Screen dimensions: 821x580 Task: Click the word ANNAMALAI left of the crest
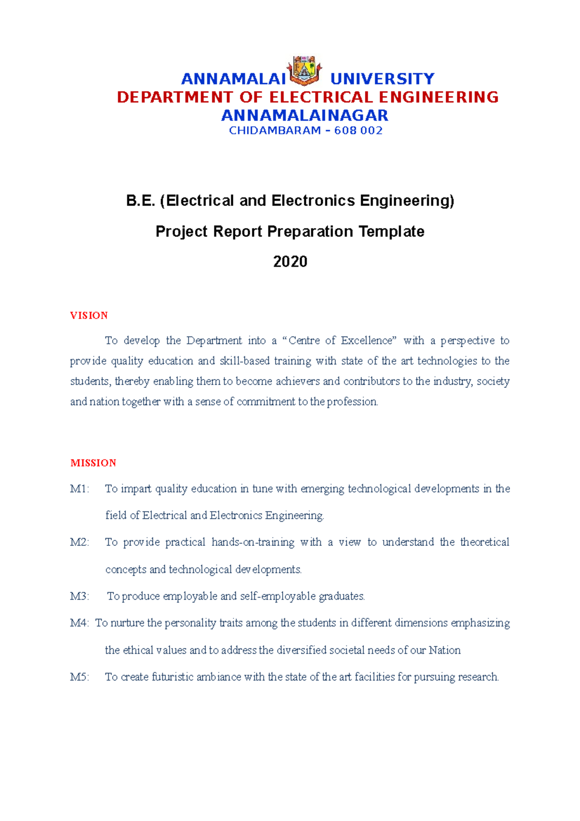click(x=233, y=79)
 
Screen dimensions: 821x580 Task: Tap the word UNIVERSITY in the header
click(x=382, y=79)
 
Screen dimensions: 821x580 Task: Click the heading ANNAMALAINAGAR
click(x=304, y=116)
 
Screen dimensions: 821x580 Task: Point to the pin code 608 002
click(x=358, y=131)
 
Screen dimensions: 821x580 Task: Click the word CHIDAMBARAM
click(x=275, y=131)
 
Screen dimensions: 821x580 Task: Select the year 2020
click(x=290, y=262)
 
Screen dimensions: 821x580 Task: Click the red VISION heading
click(x=89, y=316)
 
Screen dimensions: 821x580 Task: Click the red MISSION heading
click(x=93, y=463)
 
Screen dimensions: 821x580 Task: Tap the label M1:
click(x=79, y=489)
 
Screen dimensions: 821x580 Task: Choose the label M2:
click(x=79, y=542)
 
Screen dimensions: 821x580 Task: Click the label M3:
click(x=79, y=596)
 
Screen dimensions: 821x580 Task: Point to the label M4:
click(x=79, y=623)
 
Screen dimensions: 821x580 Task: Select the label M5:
click(x=79, y=677)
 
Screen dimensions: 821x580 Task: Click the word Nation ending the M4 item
click(x=444, y=650)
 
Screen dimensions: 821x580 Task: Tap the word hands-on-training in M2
click(x=253, y=542)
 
